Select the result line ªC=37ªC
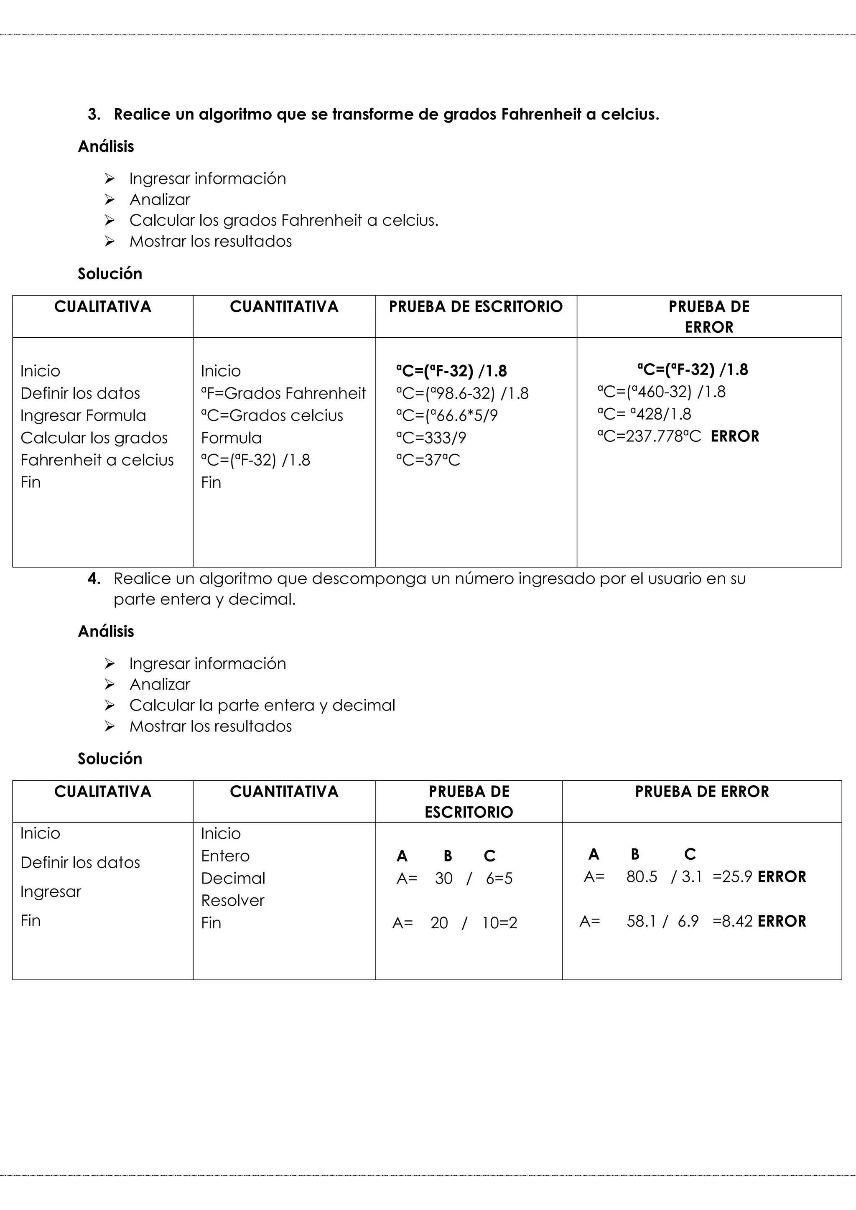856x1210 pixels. coord(428,460)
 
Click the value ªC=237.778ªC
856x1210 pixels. coord(649,436)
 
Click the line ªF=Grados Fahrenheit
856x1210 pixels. coord(283,393)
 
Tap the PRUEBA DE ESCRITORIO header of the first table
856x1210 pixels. coord(475,307)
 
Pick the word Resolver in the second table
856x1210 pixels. coord(232,901)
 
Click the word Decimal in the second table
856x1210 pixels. coord(233,879)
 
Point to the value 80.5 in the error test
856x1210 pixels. coord(642,877)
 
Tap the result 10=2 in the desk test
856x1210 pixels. coord(499,923)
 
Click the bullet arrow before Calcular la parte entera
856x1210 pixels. coord(110,705)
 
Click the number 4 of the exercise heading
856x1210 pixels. coord(93,578)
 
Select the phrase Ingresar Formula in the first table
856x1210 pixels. coord(83,416)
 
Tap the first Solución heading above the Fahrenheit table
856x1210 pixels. coord(110,273)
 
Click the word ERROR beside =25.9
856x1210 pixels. coord(782,877)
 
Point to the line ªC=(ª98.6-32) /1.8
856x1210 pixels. coord(462,394)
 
